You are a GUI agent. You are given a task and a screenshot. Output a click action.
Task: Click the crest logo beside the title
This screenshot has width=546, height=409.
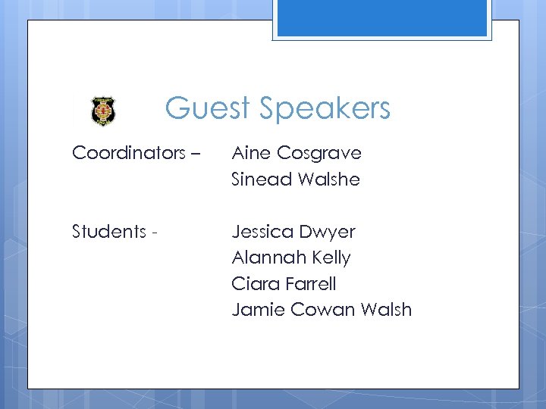[x=103, y=111]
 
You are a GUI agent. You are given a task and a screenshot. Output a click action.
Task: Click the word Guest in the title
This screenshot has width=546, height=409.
[x=207, y=108]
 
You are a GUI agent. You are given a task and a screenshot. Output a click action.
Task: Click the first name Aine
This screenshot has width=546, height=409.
[x=251, y=153]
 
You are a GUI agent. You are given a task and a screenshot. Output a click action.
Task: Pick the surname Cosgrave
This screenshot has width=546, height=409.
[x=319, y=154]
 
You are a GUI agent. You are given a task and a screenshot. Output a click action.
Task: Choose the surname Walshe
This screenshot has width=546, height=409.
[x=329, y=180]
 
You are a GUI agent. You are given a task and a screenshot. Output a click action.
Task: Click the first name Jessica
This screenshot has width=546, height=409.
[x=263, y=231]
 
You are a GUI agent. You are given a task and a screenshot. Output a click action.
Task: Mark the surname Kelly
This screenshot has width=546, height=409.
[x=331, y=258]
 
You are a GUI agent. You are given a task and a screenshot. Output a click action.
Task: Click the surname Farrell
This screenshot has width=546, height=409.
[x=309, y=284]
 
